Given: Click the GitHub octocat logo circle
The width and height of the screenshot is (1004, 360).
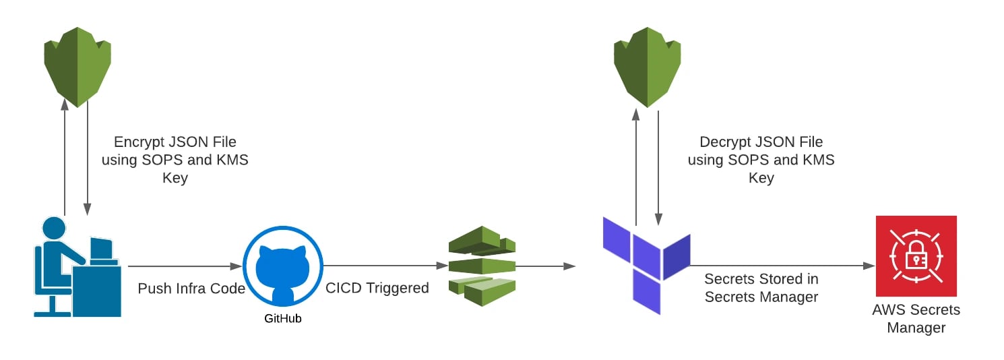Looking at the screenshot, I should click(283, 266).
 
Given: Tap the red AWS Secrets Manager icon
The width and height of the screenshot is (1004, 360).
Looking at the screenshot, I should click(916, 256).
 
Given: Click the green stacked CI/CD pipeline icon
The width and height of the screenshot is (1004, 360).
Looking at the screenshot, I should click(481, 265).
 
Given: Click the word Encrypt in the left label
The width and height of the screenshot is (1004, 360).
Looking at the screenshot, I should click(138, 142).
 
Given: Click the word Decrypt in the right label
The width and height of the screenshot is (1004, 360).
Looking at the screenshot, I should click(725, 142).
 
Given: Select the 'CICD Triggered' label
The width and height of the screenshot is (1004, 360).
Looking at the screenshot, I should click(377, 288).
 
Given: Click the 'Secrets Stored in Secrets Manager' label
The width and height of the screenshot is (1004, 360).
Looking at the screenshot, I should click(761, 288).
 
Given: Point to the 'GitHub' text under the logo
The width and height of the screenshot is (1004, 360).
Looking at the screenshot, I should click(283, 319).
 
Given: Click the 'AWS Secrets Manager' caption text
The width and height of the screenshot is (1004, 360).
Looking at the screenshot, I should click(916, 319).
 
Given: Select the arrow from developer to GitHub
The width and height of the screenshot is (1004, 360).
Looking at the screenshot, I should click(185, 266).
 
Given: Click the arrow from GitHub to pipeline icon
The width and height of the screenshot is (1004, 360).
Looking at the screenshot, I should click(384, 266).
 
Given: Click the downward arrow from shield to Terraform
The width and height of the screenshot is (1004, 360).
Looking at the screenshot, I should click(658, 169).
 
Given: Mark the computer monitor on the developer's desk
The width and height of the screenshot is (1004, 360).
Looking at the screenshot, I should click(102, 249).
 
